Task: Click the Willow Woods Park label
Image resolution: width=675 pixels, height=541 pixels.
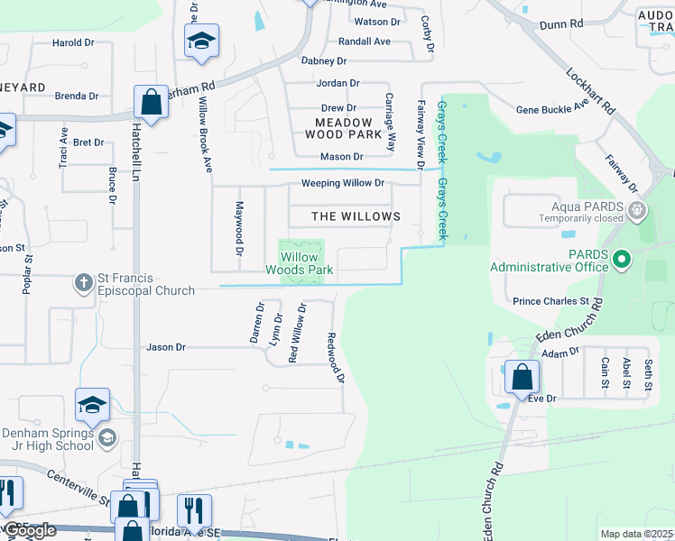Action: coord(301,263)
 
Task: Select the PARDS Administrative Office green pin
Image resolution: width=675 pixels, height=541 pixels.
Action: coord(622,261)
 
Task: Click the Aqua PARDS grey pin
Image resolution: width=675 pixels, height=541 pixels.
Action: coord(638,211)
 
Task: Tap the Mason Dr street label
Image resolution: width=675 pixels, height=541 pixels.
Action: coord(342,157)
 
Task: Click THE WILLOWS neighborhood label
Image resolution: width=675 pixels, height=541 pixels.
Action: coord(356,216)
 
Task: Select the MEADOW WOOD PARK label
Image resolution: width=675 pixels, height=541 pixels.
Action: coord(344,128)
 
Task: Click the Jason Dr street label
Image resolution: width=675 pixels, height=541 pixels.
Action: coord(166,346)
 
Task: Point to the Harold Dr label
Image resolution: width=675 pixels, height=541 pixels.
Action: coord(74,42)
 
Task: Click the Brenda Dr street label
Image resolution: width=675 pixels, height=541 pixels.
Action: coord(76,96)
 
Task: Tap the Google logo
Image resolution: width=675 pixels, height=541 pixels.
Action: coord(29,531)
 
